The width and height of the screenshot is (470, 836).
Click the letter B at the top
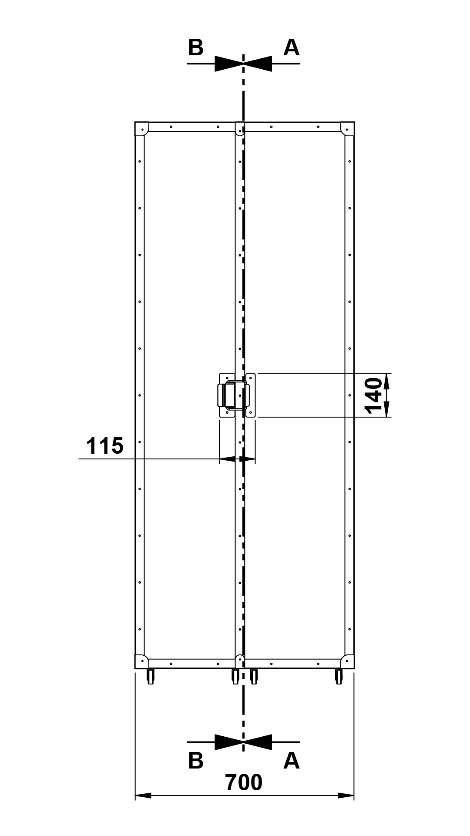coord(196,48)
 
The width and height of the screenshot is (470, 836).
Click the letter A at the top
coord(292,48)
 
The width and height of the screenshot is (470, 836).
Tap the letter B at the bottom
coord(196,760)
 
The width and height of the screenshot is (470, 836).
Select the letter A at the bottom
coord(292,760)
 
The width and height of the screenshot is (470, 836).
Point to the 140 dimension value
coord(375,396)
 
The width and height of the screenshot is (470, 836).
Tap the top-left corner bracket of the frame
coord(141,129)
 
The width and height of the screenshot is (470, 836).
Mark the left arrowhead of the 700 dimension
coord(143,796)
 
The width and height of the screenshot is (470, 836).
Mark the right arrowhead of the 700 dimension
coord(346,796)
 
